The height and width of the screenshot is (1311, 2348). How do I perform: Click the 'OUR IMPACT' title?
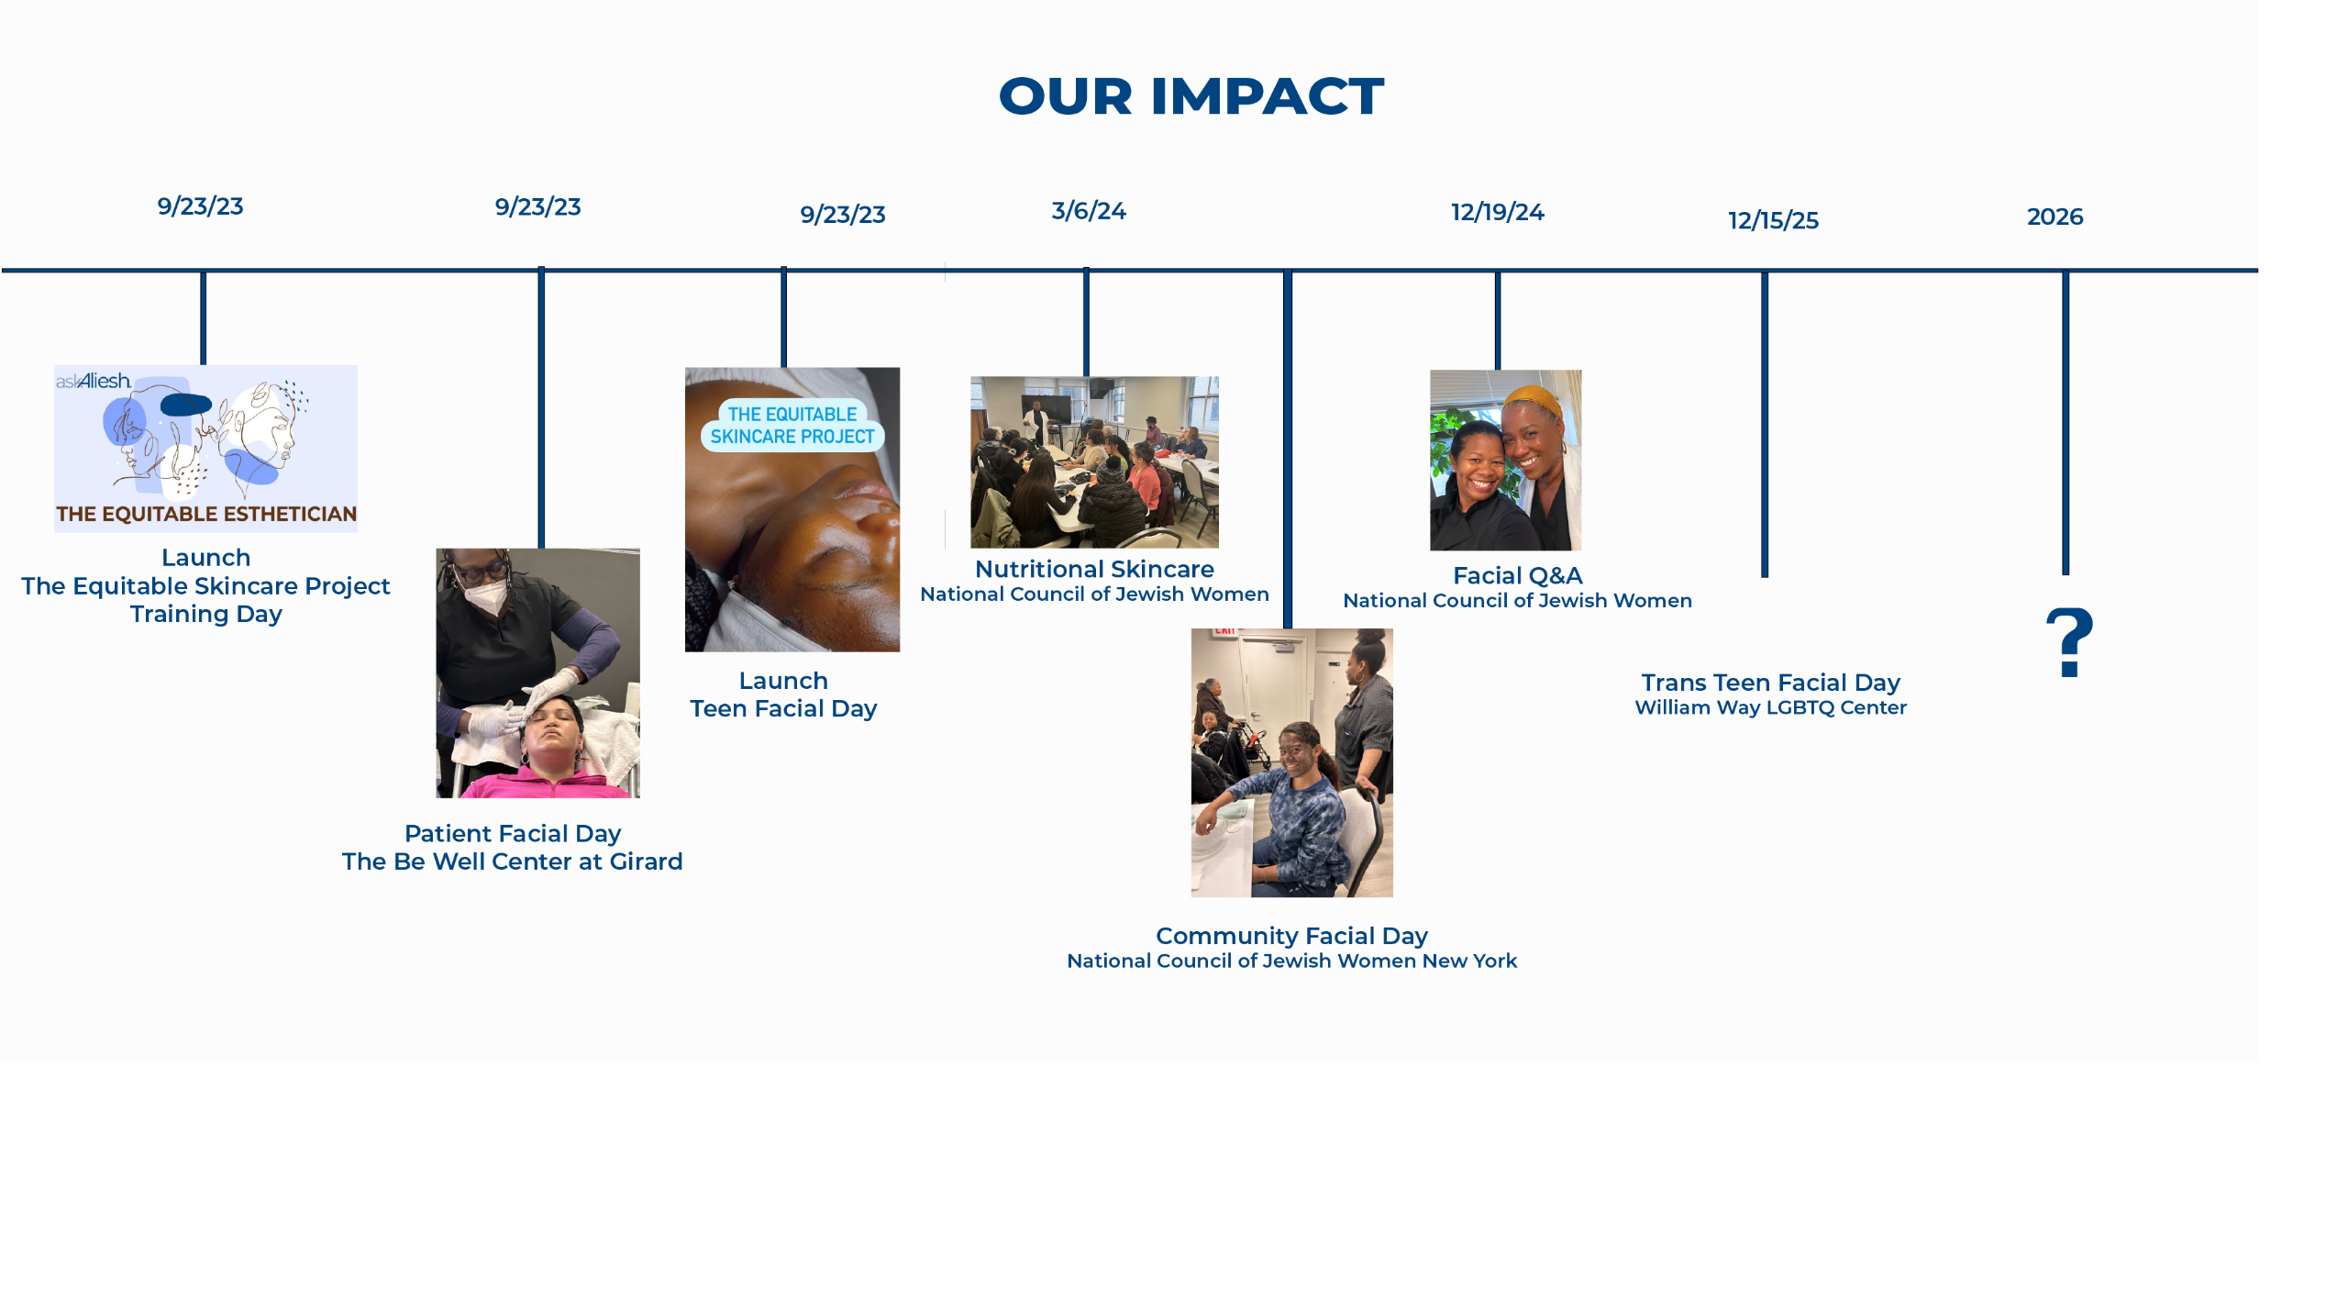1191,96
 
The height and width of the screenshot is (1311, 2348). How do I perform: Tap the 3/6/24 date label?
1089,211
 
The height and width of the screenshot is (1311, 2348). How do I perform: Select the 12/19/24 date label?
1498,212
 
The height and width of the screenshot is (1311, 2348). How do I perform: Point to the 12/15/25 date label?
1773,220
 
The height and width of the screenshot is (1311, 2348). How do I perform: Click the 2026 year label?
2054,217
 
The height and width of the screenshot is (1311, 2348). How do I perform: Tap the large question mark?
2070,642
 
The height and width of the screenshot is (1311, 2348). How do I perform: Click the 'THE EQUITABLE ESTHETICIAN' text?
206,514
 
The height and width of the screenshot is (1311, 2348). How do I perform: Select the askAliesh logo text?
94,381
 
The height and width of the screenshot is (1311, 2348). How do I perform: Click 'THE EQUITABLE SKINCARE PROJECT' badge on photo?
792,426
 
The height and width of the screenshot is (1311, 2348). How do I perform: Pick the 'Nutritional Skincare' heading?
1094,569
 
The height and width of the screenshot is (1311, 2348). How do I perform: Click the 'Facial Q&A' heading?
1518,575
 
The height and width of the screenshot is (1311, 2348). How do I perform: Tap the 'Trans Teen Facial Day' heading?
1770,683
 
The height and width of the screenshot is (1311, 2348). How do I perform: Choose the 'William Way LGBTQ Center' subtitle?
1770,707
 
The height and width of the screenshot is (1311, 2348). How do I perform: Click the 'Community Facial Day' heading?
1291,936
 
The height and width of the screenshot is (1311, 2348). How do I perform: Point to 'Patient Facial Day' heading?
513,833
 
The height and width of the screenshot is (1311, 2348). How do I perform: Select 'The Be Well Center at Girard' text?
513,861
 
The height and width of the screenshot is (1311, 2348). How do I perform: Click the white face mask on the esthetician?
486,596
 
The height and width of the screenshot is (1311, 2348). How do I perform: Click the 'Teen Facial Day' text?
783,709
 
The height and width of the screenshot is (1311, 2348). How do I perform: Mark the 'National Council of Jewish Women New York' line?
1291,961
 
